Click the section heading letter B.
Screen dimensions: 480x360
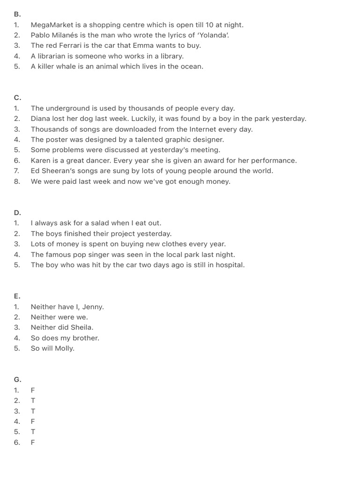point(17,15)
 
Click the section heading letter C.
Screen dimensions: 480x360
point(17,97)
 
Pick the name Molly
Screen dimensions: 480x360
point(65,348)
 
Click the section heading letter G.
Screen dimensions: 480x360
point(17,380)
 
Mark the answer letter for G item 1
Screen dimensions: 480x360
point(33,390)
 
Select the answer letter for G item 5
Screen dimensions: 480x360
point(33,432)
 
